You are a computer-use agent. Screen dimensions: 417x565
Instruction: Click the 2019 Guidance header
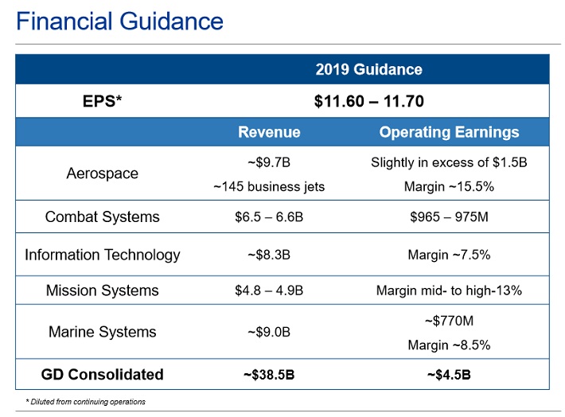[x=368, y=69]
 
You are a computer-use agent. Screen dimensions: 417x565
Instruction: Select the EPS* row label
[x=102, y=101]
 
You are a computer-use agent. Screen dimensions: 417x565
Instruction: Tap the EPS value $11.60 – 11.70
[x=369, y=101]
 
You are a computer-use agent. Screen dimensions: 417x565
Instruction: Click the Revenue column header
[x=269, y=132]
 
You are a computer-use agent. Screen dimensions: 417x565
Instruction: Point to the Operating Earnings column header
[x=449, y=132]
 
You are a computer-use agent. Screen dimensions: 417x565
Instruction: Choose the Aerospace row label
[x=102, y=173]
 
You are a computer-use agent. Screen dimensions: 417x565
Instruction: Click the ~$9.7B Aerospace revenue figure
[x=269, y=163]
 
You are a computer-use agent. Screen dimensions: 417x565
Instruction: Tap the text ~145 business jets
[x=269, y=187]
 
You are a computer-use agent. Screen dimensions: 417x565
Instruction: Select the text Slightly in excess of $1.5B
[x=449, y=163]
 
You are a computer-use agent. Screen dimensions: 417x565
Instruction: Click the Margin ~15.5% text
[x=449, y=187]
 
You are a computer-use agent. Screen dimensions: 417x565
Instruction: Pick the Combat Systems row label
[x=102, y=216]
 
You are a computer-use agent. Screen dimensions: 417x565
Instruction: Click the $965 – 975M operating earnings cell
[x=449, y=216]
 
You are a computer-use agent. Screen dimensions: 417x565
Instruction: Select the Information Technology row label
[x=102, y=255]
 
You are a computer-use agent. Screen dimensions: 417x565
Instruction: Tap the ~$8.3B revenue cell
[x=269, y=255]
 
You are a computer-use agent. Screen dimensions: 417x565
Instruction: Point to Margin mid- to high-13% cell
[x=449, y=290]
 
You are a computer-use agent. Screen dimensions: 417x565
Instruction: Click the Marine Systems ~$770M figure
[x=449, y=321]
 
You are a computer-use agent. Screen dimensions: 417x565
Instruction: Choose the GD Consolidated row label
[x=102, y=374]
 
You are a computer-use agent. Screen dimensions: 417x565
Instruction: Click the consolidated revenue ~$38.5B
[x=269, y=374]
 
